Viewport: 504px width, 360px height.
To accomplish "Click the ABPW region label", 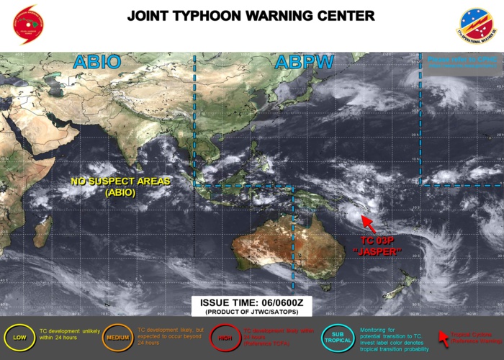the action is coord(304,62).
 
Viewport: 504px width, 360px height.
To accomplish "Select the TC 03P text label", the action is coord(379,240).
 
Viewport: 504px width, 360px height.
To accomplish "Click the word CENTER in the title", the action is coord(345,16).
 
